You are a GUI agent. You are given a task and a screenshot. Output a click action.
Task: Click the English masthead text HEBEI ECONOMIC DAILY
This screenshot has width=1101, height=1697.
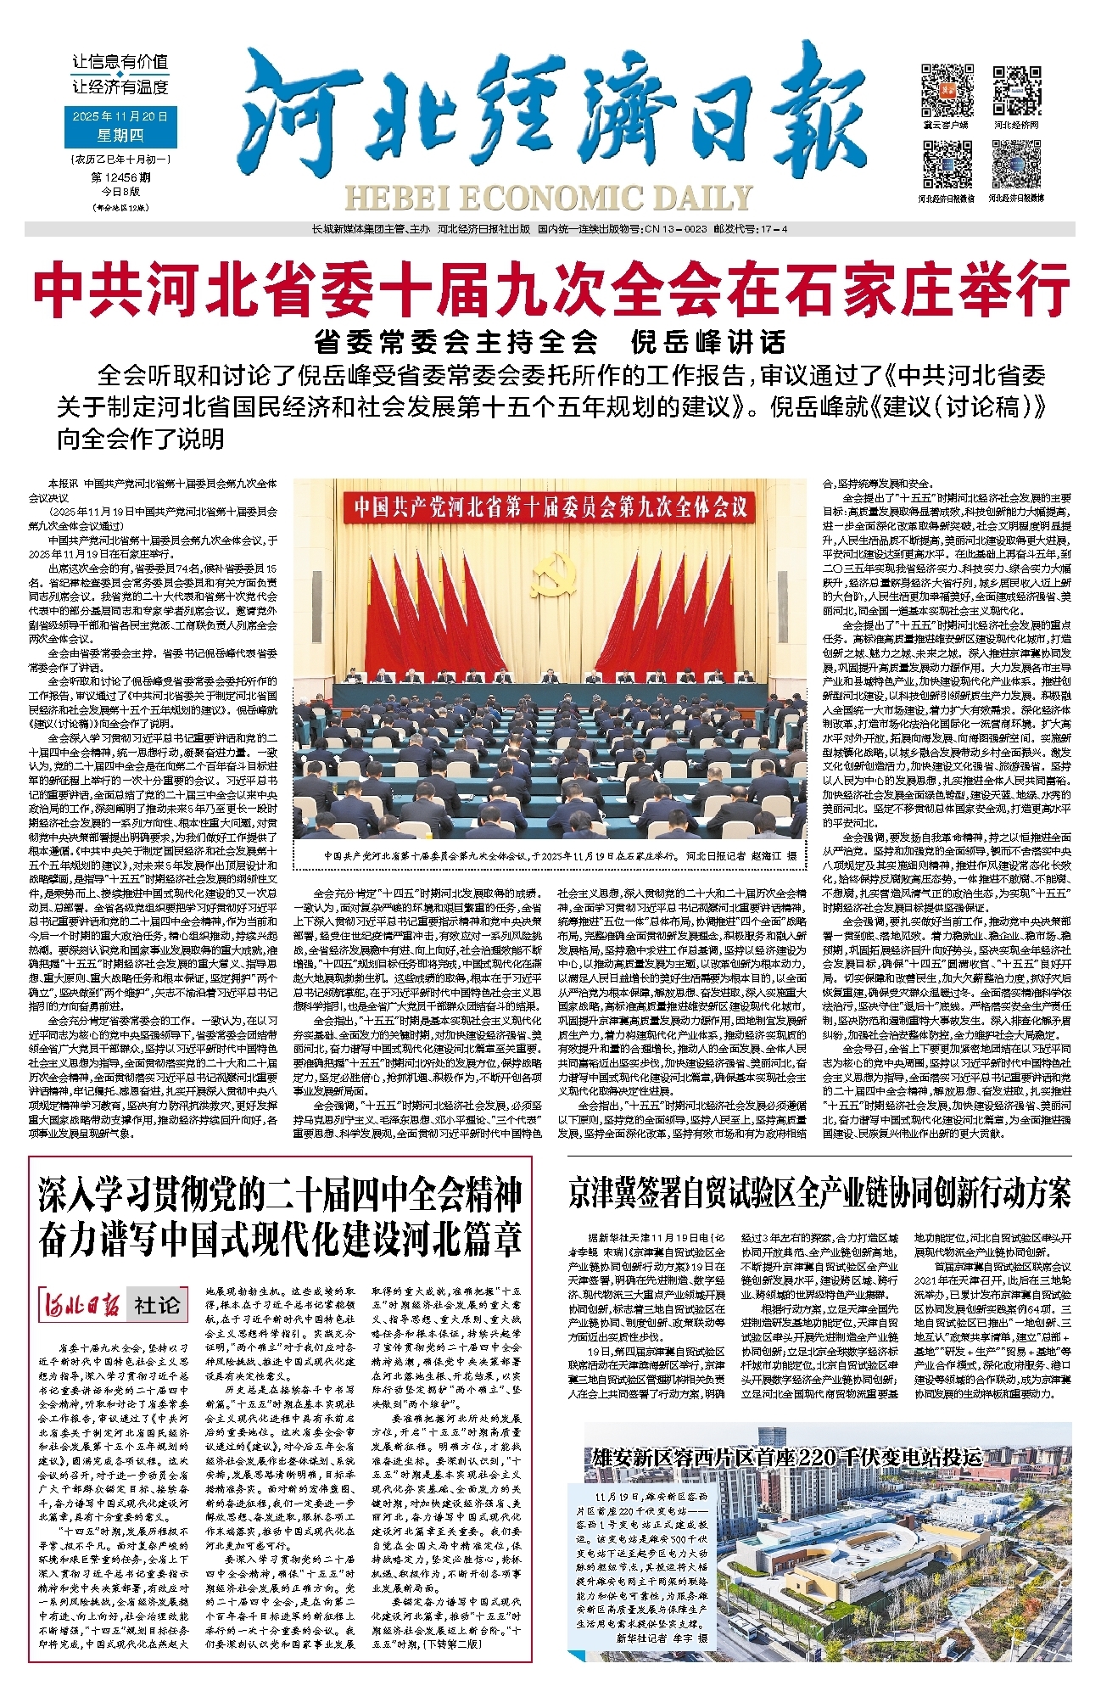pos(548,198)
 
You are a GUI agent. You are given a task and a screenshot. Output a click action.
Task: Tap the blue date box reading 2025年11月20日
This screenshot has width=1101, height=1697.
pos(120,116)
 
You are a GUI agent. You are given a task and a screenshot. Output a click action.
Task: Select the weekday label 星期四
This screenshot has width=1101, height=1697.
pos(120,135)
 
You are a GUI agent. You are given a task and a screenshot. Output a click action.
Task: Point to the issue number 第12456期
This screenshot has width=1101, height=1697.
pos(120,177)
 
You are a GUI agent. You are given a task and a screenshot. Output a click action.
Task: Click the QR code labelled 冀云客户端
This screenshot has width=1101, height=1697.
pos(947,89)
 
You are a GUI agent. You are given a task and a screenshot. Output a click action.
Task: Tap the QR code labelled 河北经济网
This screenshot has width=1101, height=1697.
pos(1016,89)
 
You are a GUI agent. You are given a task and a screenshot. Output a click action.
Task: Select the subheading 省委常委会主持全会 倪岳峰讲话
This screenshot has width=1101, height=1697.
pos(550,342)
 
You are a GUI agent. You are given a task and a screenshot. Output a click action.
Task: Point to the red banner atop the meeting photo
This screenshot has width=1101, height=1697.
pos(550,507)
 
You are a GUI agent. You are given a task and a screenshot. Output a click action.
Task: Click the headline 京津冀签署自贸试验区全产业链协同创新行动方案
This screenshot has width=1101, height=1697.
pos(819,1193)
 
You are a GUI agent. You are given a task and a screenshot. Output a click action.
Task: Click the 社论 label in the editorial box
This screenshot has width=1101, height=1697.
pos(157,1304)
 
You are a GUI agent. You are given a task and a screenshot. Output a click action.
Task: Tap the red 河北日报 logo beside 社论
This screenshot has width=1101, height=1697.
pos(81,1304)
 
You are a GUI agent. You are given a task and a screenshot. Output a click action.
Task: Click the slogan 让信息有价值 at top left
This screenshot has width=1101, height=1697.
pos(120,62)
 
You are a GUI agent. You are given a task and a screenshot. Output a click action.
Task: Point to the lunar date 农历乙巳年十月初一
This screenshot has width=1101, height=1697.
pos(120,159)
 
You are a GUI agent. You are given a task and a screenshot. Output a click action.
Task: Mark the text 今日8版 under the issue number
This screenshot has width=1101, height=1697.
pos(120,192)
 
